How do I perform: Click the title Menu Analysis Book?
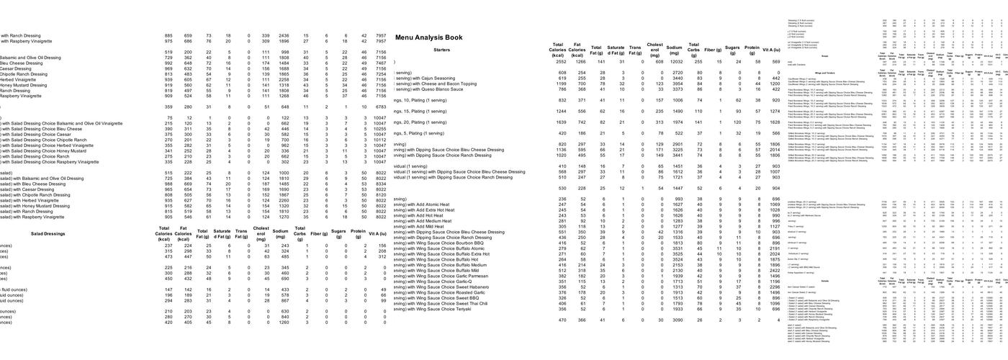(428, 37)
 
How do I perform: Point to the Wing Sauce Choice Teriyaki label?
(440, 310)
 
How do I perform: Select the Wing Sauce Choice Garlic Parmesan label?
(447, 276)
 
